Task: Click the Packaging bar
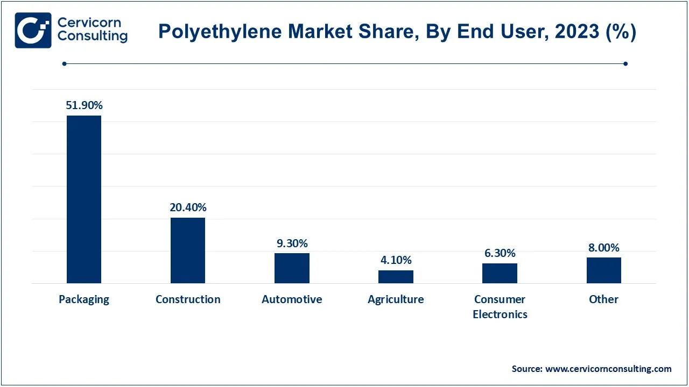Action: [84, 199]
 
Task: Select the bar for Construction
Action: [188, 250]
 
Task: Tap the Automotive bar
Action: [292, 268]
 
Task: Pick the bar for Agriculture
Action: [396, 277]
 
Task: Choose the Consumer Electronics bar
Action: [500, 273]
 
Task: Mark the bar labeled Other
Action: [603, 270]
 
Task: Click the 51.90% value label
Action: [84, 105]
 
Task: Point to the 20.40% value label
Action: [188, 207]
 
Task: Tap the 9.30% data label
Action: [292, 243]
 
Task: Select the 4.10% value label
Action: [396, 260]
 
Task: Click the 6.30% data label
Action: [500, 253]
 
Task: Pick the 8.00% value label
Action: [603, 248]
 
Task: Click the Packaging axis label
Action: [84, 299]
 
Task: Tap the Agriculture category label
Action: [396, 299]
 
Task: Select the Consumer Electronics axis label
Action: [500, 306]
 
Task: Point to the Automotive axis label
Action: [292, 299]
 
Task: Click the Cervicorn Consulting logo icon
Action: [33, 30]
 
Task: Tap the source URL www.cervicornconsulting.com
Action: [608, 369]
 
